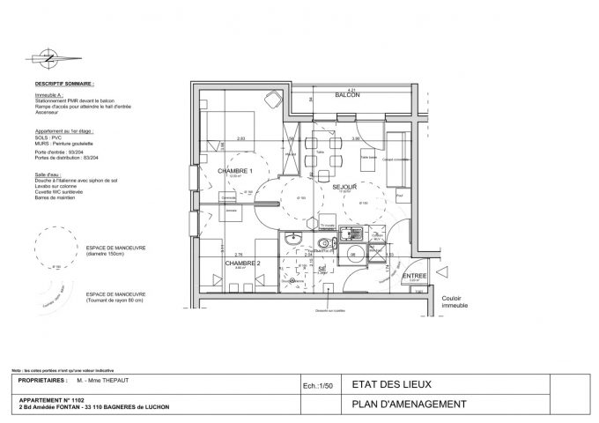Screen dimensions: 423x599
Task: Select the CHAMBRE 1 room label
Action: (x=236, y=171)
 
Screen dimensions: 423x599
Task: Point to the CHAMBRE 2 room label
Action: (x=241, y=263)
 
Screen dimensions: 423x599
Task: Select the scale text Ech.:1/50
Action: (x=314, y=385)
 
